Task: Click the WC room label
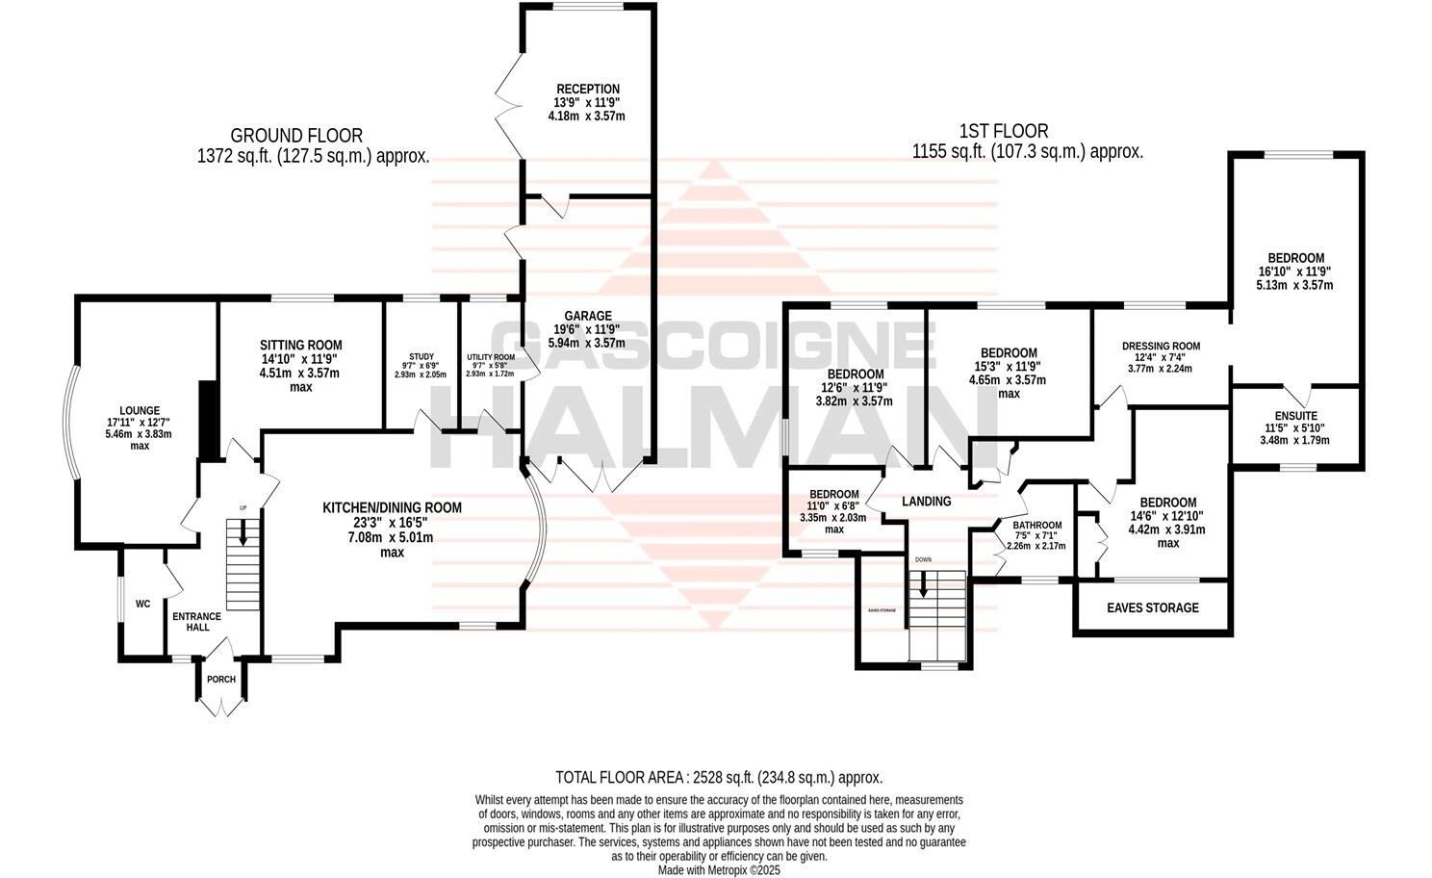[x=142, y=605]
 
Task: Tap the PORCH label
[x=221, y=680]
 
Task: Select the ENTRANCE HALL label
[x=196, y=622]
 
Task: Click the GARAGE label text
[x=588, y=316]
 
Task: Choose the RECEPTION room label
[x=587, y=90]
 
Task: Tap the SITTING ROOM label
[x=301, y=346]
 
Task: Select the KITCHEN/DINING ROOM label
[x=392, y=508]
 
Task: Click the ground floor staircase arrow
[x=243, y=531]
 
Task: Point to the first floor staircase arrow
[x=924, y=583]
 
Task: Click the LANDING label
[x=926, y=502]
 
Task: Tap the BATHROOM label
[x=1036, y=526]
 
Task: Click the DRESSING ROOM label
[x=1161, y=347]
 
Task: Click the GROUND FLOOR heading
[x=296, y=136]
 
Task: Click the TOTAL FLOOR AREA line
[x=719, y=777]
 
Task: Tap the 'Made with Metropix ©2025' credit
[x=719, y=869]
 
